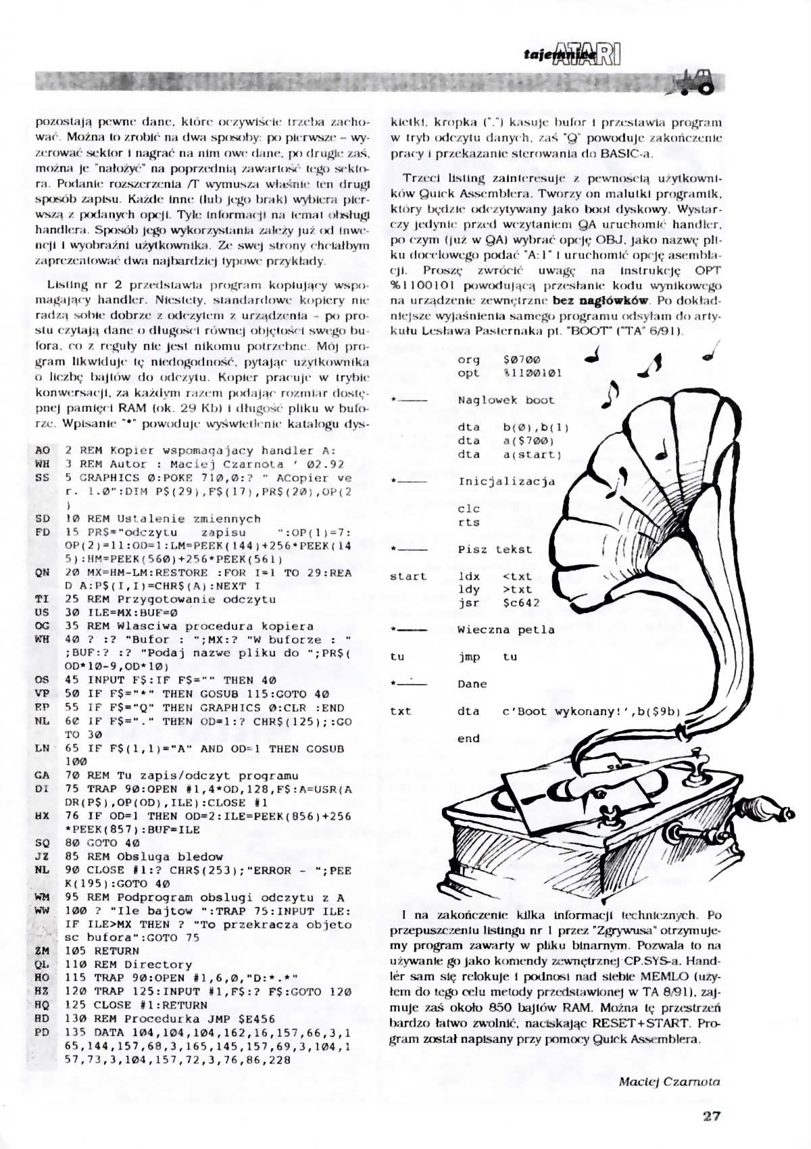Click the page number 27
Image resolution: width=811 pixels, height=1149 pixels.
[x=712, y=1116]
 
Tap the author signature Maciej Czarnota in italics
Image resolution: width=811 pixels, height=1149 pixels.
[x=669, y=1081]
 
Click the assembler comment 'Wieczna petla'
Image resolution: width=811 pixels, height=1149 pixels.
[x=506, y=630]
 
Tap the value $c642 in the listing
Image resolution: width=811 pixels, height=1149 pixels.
[x=521, y=603]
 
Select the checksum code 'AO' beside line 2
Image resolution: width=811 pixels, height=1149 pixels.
[x=42, y=450]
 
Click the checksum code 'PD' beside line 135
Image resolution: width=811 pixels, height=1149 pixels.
[x=42, y=1032]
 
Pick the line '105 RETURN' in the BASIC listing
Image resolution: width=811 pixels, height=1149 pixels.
[x=102, y=951]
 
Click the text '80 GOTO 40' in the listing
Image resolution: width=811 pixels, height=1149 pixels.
[x=102, y=843]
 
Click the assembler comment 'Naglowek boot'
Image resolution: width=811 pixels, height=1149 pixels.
[x=506, y=400]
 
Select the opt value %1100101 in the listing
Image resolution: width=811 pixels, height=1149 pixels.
[x=532, y=373]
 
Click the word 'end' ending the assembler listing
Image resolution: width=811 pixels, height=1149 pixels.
[x=468, y=739]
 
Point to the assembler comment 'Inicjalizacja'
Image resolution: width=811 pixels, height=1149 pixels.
[x=506, y=482]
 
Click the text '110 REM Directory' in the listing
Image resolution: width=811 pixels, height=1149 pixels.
[x=128, y=964]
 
